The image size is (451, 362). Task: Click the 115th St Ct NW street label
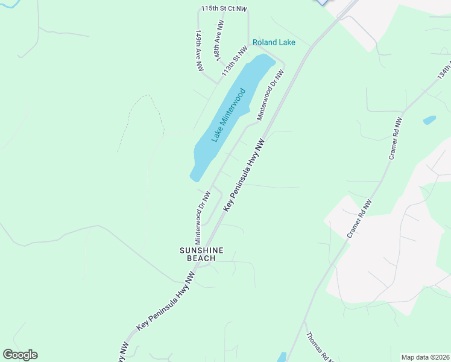coord(224,9)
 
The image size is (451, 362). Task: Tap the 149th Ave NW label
coord(198,51)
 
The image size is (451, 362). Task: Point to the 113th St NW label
coord(235,60)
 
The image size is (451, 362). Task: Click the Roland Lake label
coord(274,42)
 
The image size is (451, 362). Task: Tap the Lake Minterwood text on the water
coord(229,115)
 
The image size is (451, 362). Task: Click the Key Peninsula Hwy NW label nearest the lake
coord(244,176)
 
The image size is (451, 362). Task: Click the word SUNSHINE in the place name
coord(202,250)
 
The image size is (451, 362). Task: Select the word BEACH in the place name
coord(201,259)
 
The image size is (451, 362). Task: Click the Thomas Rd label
coord(320,348)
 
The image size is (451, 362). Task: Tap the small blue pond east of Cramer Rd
coord(429,120)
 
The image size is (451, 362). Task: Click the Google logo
coord(20,355)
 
